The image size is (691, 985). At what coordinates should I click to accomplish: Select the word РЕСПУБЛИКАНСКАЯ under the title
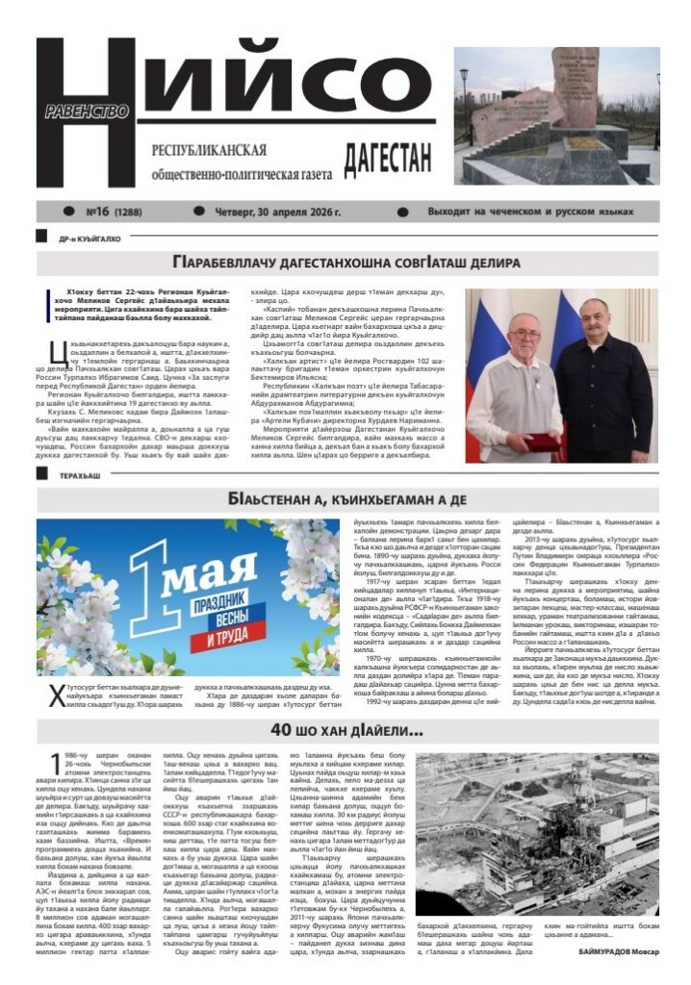click(209, 151)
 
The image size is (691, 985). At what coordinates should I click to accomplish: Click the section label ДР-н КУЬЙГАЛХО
click(89, 238)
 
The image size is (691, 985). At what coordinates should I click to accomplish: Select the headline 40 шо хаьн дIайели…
click(346, 730)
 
